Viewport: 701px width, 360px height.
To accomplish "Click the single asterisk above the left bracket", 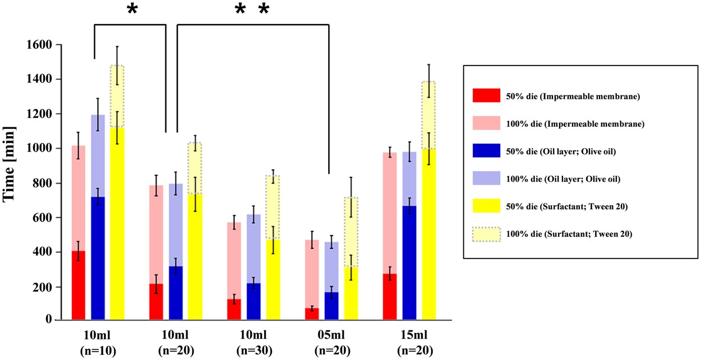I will click(132, 10).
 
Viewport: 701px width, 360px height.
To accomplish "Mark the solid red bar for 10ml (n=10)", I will click(78, 285).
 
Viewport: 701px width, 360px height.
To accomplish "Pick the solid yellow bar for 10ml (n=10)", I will click(117, 224).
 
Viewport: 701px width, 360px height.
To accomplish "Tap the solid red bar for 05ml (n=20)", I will click(312, 314).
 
